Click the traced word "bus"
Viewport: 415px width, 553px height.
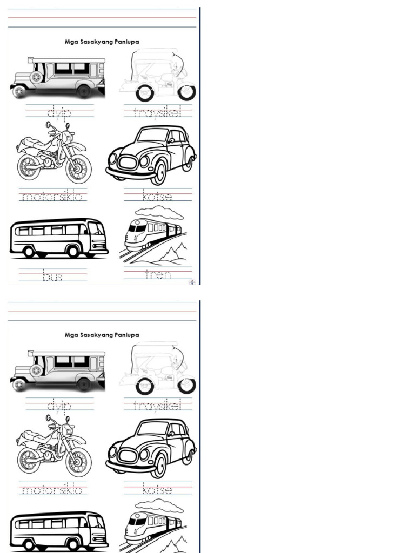pyautogui.click(x=52, y=276)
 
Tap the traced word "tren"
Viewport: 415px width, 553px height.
pyautogui.click(x=158, y=275)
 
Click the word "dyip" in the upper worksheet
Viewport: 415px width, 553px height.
pyautogui.click(x=59, y=112)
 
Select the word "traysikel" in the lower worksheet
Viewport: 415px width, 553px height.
pyautogui.click(x=151, y=405)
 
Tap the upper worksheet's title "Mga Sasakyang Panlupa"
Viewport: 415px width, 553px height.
pyautogui.click(x=102, y=42)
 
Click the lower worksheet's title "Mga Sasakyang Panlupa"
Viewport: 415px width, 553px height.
pyautogui.click(x=102, y=335)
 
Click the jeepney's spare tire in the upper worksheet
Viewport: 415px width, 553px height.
pyautogui.click(x=36, y=77)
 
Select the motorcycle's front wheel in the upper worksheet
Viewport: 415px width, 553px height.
pyautogui.click(x=78, y=168)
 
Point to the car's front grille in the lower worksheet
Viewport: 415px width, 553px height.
pyautogui.click(x=128, y=455)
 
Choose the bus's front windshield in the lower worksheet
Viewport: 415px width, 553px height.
pyautogui.click(x=96, y=522)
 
